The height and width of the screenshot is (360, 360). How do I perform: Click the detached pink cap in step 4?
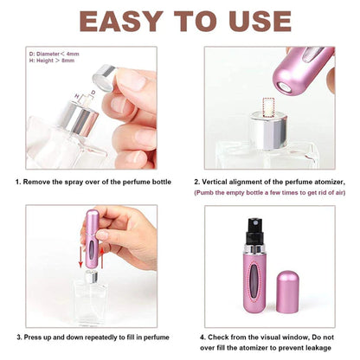coord(312,278)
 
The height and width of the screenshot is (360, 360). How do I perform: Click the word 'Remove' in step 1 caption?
coord(40,182)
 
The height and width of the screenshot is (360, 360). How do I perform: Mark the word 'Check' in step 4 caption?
coord(226,335)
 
